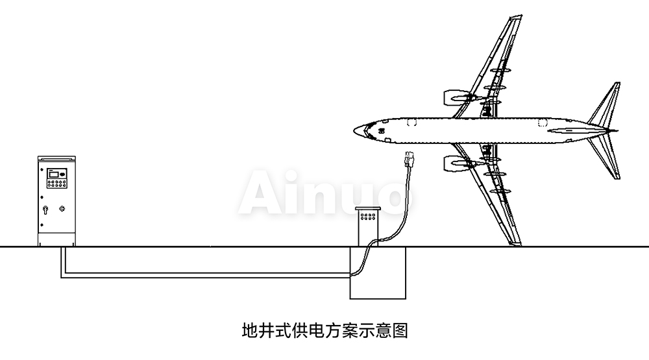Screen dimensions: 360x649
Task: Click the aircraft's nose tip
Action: click(x=355, y=132)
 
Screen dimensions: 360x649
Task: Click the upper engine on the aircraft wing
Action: click(x=455, y=97)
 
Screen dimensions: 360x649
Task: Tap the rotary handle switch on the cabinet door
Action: click(x=47, y=209)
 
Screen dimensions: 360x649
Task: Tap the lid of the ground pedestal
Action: click(x=369, y=210)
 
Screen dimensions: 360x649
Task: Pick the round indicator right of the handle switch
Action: click(x=62, y=209)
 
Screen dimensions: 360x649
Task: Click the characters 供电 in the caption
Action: click(x=299, y=331)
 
